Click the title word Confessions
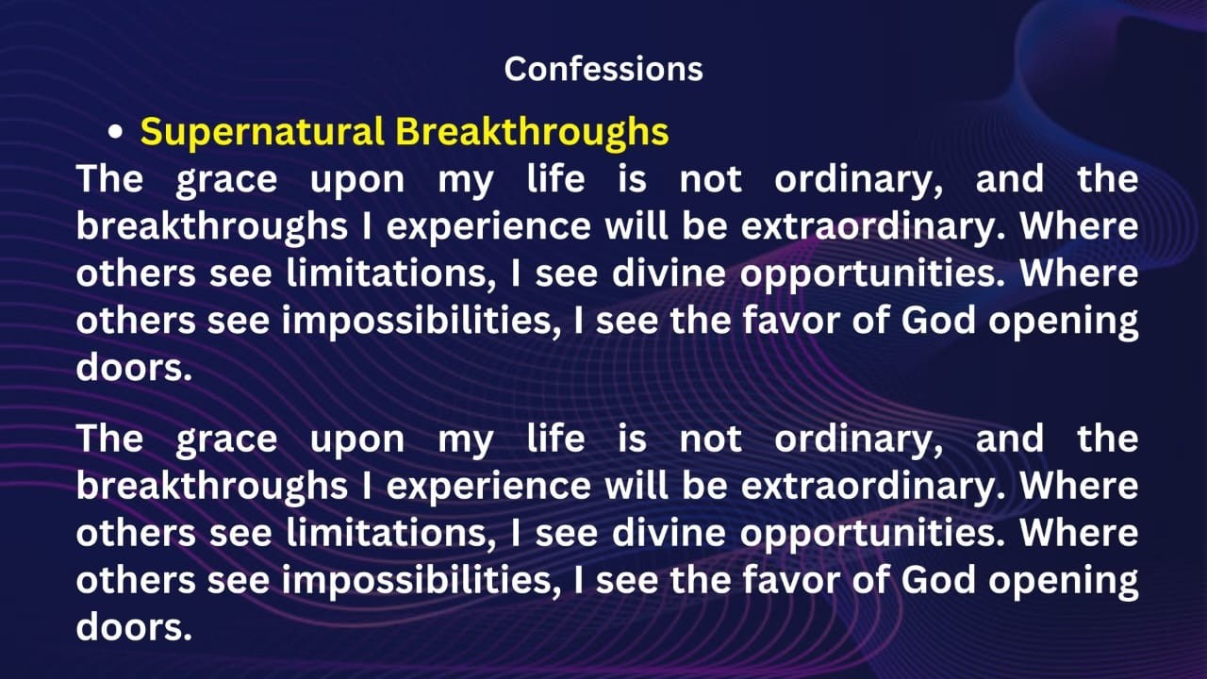click(x=603, y=69)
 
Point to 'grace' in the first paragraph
click(x=226, y=179)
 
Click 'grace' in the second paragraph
click(x=226, y=439)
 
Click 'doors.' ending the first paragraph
click(x=134, y=368)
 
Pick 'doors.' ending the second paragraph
click(x=134, y=627)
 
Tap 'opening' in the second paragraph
click(x=1062, y=582)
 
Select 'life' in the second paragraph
click(x=555, y=439)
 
